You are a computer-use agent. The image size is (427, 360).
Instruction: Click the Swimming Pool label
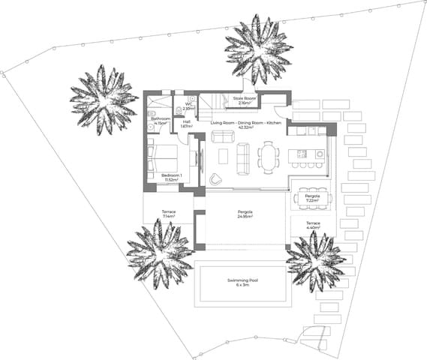[x=243, y=283]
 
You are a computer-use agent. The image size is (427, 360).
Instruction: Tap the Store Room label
[x=245, y=100]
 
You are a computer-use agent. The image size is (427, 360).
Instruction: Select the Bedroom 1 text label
[x=172, y=177]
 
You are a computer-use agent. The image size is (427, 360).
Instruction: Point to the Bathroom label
[x=160, y=120]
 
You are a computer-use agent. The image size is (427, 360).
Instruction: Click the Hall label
[x=186, y=124]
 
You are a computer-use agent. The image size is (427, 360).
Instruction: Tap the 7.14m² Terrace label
[x=169, y=214]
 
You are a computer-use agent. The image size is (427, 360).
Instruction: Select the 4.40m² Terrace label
[x=313, y=226]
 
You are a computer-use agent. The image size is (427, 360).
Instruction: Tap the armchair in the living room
[x=216, y=178]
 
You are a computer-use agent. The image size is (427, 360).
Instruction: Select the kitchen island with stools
[x=304, y=155]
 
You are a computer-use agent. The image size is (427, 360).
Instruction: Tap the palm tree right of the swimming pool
[x=316, y=261]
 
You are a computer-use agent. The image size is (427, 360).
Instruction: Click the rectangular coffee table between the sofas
[x=223, y=156]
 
